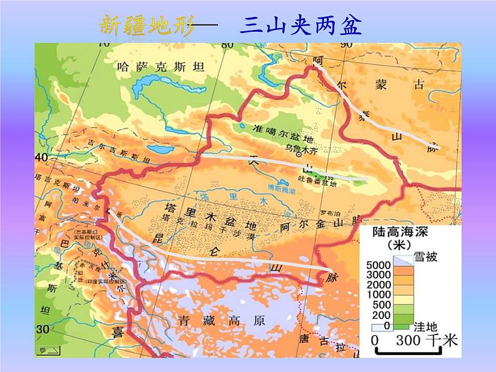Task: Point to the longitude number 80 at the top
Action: [226, 44]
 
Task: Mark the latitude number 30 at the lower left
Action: [42, 329]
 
